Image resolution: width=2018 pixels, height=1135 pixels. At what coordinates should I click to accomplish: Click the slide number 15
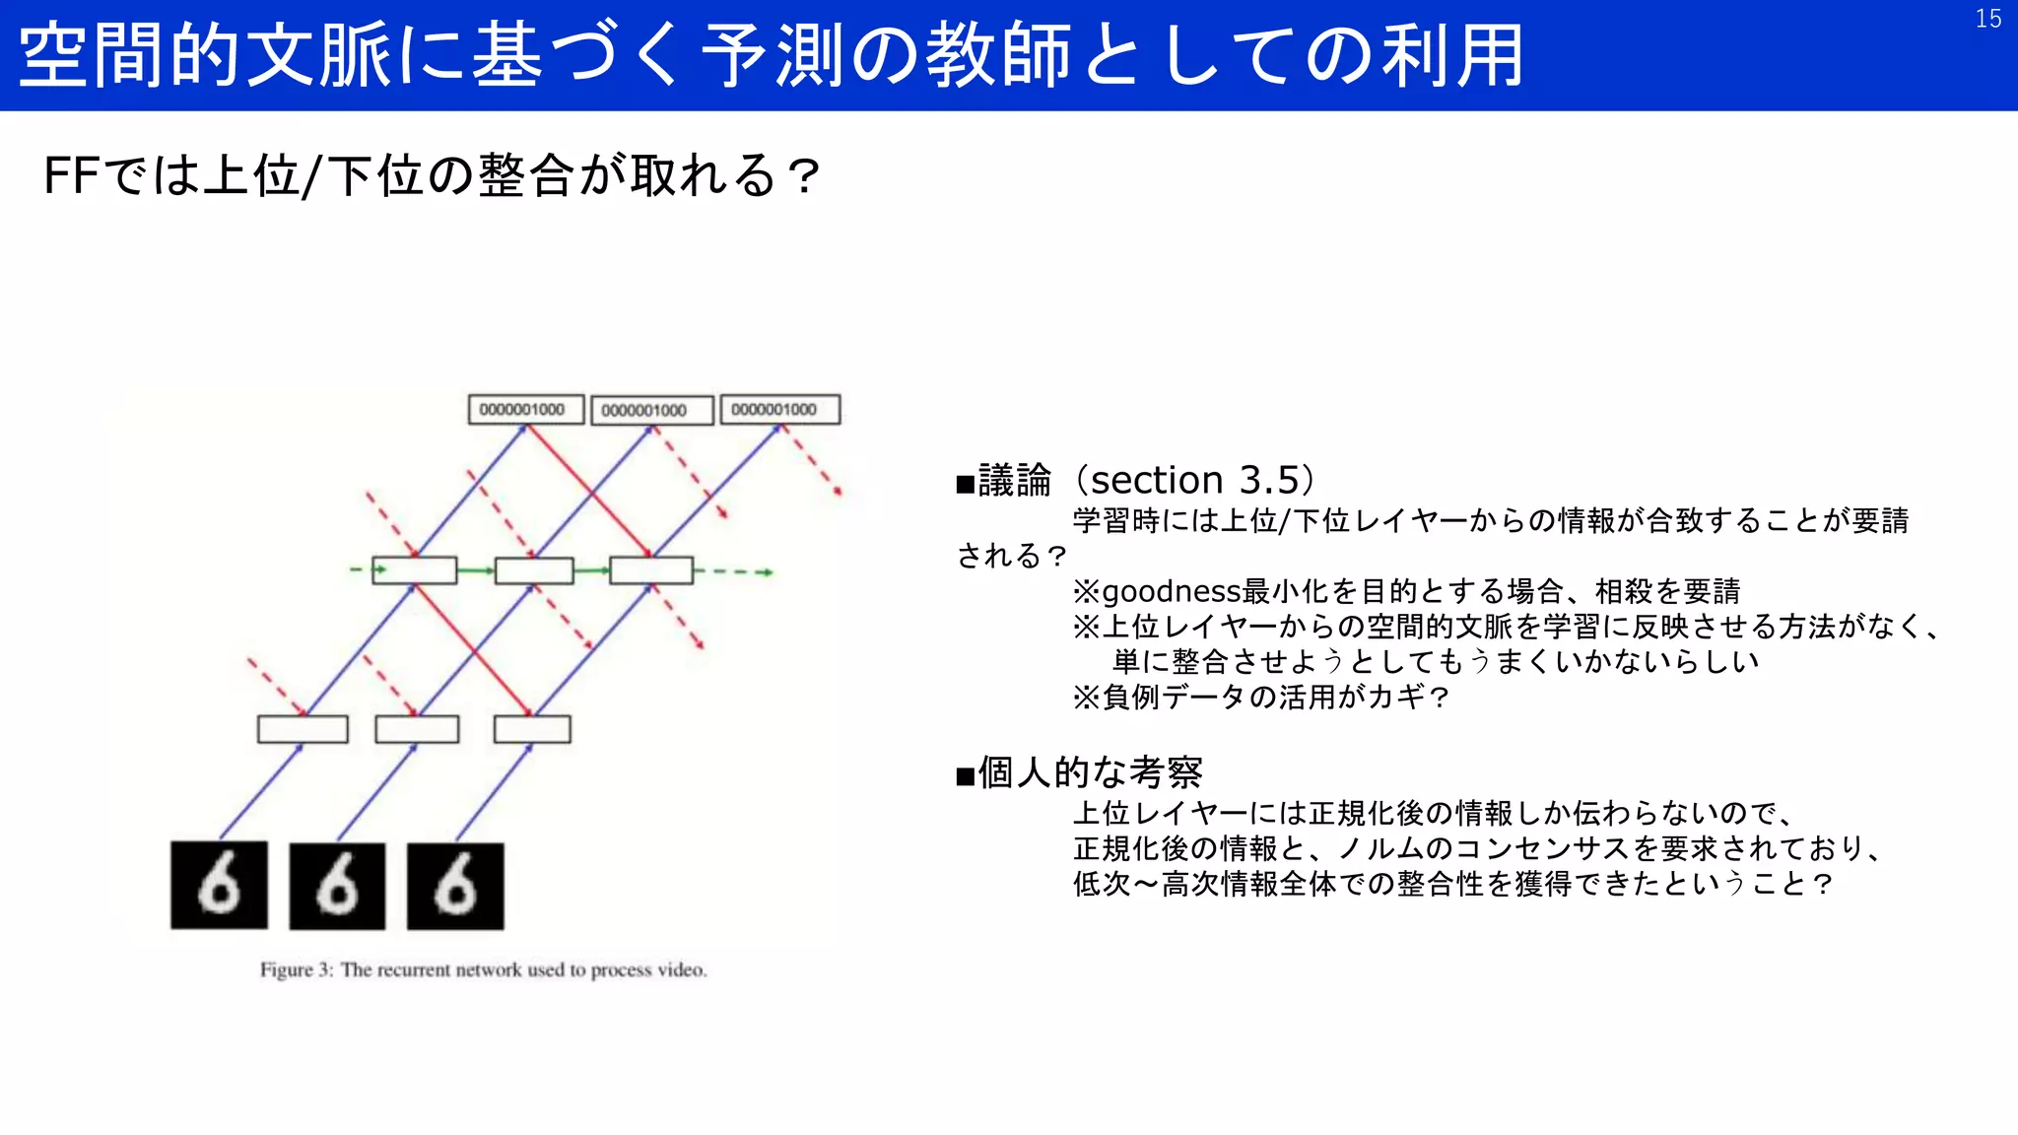click(x=1987, y=19)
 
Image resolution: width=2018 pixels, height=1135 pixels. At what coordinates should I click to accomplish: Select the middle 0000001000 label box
click(x=650, y=411)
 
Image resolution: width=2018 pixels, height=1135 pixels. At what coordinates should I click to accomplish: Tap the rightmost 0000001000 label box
click(x=779, y=410)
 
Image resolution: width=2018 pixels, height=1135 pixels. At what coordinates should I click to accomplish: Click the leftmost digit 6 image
click(x=219, y=884)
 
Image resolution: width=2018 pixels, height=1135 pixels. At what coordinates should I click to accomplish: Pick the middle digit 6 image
click(x=337, y=886)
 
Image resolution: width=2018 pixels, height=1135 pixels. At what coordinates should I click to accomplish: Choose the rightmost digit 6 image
click(x=455, y=886)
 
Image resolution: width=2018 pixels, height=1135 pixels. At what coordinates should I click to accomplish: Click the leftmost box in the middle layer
click(x=414, y=570)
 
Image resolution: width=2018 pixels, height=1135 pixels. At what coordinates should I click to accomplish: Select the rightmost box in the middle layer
click(x=650, y=570)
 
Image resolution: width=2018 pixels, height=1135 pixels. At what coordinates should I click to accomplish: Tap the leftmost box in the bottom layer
click(x=303, y=729)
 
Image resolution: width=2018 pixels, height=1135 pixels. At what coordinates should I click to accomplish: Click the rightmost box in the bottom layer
click(x=532, y=729)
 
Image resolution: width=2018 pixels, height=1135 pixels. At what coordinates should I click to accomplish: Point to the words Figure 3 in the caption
click(x=296, y=969)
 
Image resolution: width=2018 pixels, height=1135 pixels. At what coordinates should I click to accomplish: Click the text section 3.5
click(x=1195, y=481)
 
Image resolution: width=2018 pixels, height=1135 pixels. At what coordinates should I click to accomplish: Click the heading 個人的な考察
click(x=1090, y=772)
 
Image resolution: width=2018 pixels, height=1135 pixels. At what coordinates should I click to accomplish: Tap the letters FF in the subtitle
click(x=72, y=176)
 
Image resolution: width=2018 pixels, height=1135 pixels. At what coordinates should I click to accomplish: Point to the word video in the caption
click(x=681, y=969)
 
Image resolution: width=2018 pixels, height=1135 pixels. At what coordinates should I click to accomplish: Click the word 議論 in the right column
click(x=1015, y=481)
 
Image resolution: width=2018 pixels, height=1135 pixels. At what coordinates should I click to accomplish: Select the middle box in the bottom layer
click(x=417, y=729)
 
